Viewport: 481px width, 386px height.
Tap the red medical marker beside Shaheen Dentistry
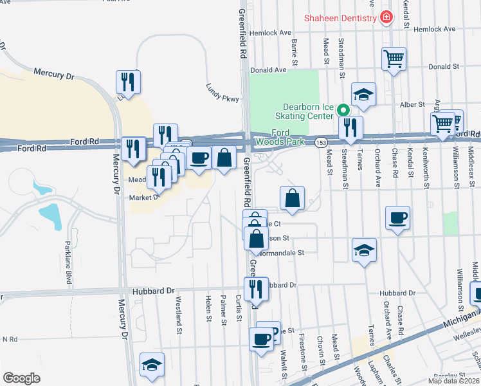[x=386, y=17]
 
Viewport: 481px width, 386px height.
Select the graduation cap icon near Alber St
[x=363, y=94]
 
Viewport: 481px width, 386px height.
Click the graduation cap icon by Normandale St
[x=364, y=250]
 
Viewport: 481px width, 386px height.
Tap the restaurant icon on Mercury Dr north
[x=128, y=82]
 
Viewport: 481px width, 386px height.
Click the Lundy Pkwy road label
[x=222, y=93]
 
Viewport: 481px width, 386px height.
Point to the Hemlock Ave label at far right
[x=434, y=29]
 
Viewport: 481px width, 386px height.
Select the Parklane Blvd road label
[x=68, y=262]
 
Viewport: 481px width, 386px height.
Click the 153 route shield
[x=322, y=142]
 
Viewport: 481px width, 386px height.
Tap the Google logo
[x=21, y=378]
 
